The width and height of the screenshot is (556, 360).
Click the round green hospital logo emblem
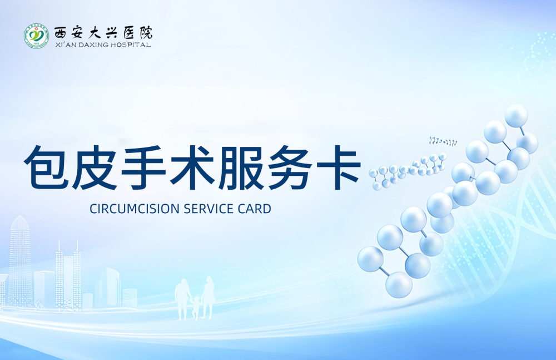pyautogui.click(x=36, y=36)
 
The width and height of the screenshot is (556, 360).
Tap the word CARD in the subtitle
pyautogui.click(x=255, y=209)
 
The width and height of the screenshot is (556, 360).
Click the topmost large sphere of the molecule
pyautogui.click(x=516, y=116)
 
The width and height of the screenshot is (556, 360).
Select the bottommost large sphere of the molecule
pyautogui.click(x=399, y=284)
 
